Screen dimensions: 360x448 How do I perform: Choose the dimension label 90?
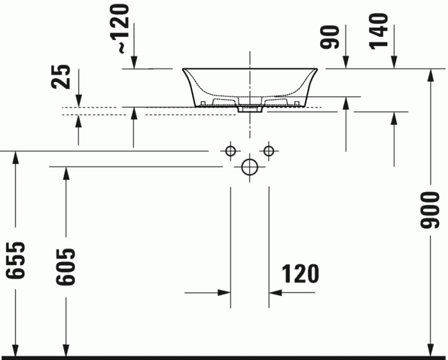click(x=330, y=37)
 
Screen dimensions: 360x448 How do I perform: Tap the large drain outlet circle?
click(x=250, y=167)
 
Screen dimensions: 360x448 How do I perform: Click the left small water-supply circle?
click(x=230, y=151)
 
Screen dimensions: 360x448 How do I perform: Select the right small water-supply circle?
click(x=269, y=151)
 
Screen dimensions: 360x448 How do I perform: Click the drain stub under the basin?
click(x=250, y=110)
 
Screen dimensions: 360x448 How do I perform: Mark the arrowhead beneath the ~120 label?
click(x=134, y=63)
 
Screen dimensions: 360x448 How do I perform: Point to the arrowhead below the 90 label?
click(x=346, y=63)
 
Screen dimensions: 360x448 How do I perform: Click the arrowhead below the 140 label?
click(x=394, y=63)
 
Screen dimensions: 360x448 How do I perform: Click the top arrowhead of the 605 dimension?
click(x=65, y=172)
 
